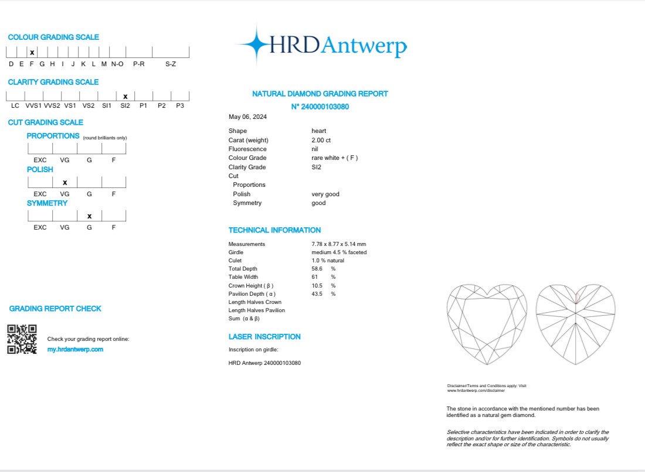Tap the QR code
pos(22,339)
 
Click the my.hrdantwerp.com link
pos(75,350)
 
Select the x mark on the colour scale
pos(32,53)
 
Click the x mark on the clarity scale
pos(125,97)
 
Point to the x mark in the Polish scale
pos(64,183)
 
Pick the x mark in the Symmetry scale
pos(89,216)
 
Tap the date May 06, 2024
pos(247,117)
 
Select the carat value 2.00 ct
pos(322,140)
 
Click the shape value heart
pos(318,131)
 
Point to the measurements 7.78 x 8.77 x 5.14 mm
pos(338,244)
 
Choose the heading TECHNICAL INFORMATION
pos(274,230)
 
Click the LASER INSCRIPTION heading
pos(264,337)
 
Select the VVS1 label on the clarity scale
pos(33,105)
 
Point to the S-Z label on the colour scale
pos(170,63)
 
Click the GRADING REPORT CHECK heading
pos(55,309)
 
